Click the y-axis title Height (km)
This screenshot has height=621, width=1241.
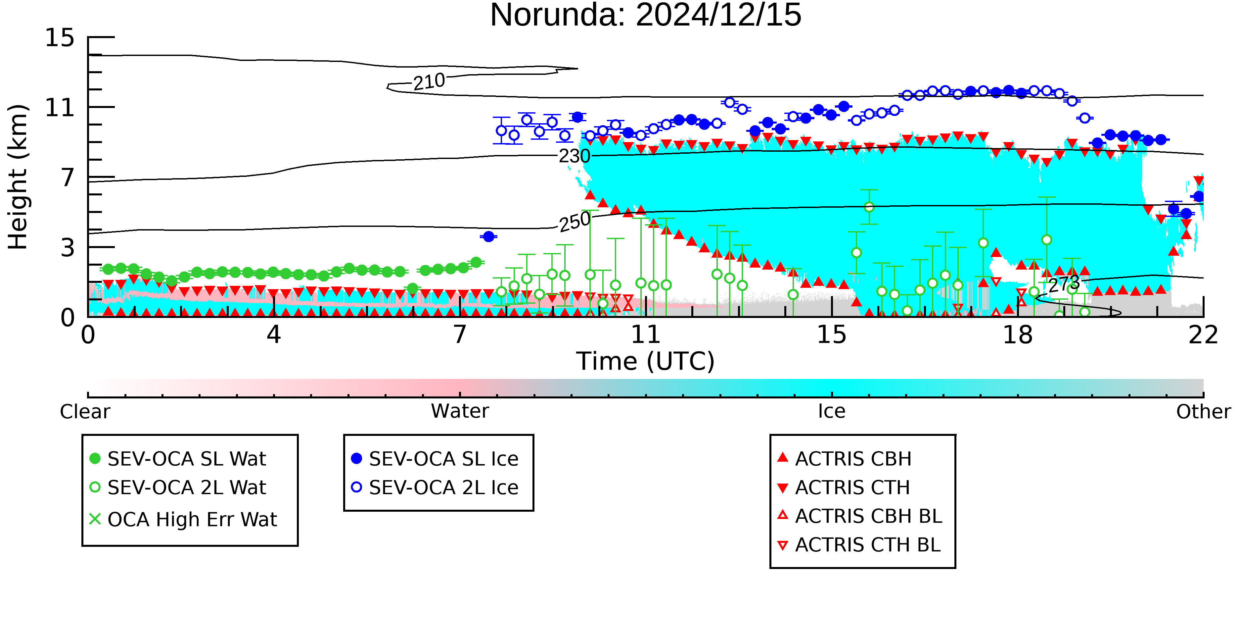click(x=18, y=177)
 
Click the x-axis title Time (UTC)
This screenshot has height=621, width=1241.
click(x=646, y=361)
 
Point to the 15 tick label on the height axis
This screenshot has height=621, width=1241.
click(x=60, y=38)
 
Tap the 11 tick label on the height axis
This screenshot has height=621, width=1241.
click(x=60, y=108)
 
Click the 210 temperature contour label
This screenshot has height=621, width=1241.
click(x=429, y=81)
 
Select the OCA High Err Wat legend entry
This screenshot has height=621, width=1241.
click(x=183, y=519)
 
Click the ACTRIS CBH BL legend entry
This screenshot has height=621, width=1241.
click(x=860, y=516)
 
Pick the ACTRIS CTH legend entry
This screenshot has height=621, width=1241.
click(x=844, y=488)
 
